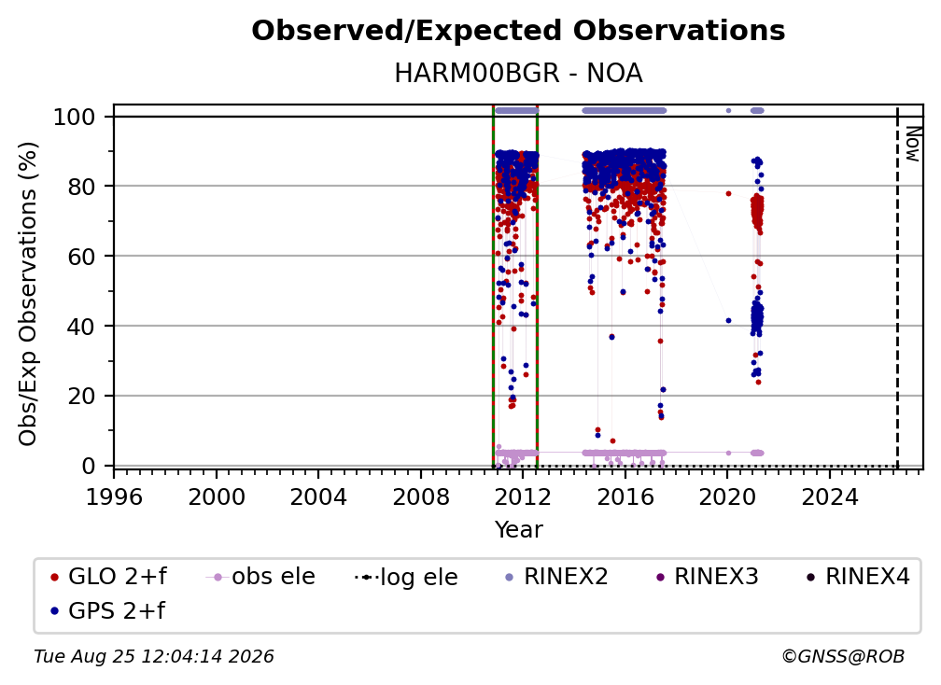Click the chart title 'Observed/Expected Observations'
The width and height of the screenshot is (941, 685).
(518, 31)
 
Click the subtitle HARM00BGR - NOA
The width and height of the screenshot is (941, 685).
(518, 74)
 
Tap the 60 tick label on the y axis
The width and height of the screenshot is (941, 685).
(81, 257)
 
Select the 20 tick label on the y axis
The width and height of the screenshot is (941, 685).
(81, 397)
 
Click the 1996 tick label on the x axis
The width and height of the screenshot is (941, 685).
(114, 496)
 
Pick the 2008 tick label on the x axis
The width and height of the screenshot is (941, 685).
(421, 496)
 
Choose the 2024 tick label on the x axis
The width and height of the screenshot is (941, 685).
(830, 496)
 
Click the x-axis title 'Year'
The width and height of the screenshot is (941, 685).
(518, 530)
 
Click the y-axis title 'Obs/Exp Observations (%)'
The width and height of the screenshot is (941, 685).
(28, 294)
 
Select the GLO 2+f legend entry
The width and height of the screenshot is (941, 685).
(108, 577)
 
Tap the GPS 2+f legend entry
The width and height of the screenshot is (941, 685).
(108, 610)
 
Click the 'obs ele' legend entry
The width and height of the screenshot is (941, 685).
(260, 577)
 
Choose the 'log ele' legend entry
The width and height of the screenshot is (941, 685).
(406, 577)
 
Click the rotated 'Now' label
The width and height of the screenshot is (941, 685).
(912, 144)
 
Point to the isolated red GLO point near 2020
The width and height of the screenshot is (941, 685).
(728, 194)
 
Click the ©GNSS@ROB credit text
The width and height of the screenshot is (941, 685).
(843, 657)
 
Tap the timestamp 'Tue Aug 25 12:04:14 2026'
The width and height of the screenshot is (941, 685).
(154, 657)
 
